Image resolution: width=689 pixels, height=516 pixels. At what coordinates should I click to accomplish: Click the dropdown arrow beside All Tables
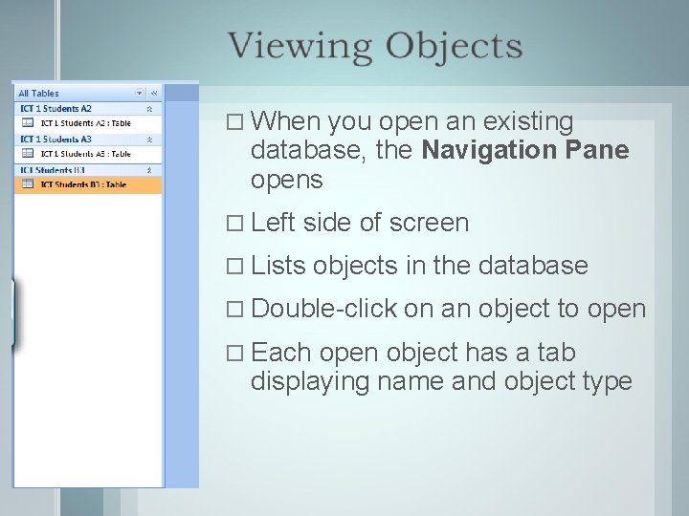tap(139, 93)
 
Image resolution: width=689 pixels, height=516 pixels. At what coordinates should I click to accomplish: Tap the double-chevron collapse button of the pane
tap(153, 93)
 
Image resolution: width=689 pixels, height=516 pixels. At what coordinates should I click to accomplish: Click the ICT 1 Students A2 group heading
tap(56, 108)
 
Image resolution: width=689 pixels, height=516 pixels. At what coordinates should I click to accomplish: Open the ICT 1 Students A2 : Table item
tap(84, 122)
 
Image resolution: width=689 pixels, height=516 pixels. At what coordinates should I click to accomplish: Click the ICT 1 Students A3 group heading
tap(56, 139)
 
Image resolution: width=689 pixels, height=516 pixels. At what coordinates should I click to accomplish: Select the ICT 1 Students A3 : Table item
tap(84, 153)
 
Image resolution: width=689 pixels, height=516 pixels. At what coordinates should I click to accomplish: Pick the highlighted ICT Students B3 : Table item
tap(84, 183)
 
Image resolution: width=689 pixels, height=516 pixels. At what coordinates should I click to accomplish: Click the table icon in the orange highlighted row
tap(27, 183)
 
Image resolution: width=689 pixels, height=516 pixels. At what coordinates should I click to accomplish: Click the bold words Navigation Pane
tap(524, 151)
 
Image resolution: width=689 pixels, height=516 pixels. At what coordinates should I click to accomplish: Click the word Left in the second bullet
tap(273, 223)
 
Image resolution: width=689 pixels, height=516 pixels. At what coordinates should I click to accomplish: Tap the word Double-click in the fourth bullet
tap(322, 309)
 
